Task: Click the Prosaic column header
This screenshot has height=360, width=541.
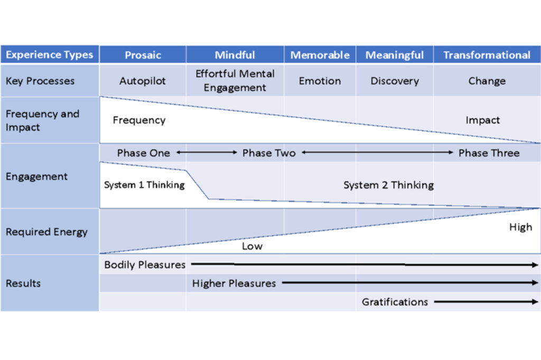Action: pyautogui.click(x=143, y=55)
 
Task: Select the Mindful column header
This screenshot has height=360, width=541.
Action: pyautogui.click(x=235, y=55)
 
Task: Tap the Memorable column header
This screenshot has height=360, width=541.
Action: pyautogui.click(x=320, y=55)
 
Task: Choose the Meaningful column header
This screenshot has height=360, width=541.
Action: pyautogui.click(x=394, y=55)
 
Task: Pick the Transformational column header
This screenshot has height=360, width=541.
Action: pyautogui.click(x=487, y=55)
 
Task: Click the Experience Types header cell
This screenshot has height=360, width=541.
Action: pyautogui.click(x=49, y=54)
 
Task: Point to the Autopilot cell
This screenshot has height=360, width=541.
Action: pyautogui.click(x=143, y=81)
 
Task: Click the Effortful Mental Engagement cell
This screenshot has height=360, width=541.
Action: pyautogui.click(x=235, y=81)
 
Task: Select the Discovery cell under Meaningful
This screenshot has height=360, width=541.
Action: pyautogui.click(x=394, y=81)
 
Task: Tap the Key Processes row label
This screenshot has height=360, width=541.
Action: pyautogui.click(x=40, y=81)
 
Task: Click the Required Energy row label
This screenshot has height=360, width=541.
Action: pyautogui.click(x=46, y=232)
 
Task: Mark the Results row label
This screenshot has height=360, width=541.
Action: pyautogui.click(x=23, y=283)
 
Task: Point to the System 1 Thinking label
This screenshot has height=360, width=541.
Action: pyautogui.click(x=144, y=185)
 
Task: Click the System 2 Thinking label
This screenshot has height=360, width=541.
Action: pyautogui.click(x=388, y=185)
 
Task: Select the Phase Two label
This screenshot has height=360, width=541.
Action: pyautogui.click(x=268, y=153)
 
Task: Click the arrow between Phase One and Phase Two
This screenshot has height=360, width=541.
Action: pyautogui.click(x=207, y=153)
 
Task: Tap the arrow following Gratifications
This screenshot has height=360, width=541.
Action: pyautogui.click(x=486, y=302)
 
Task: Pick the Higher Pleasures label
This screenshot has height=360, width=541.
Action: pyautogui.click(x=234, y=283)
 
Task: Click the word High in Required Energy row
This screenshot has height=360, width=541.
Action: pyautogui.click(x=520, y=227)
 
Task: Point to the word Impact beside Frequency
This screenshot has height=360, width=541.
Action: pyautogui.click(x=482, y=120)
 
